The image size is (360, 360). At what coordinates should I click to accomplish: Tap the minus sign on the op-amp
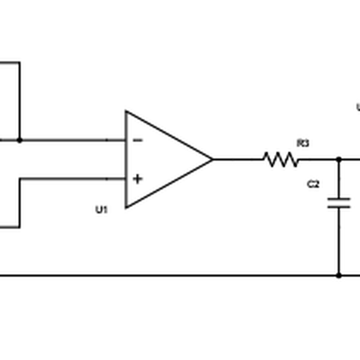pos(137,140)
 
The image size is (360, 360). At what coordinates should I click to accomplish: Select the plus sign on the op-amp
pos(137,179)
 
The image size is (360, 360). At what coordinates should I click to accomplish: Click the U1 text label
pos(101,209)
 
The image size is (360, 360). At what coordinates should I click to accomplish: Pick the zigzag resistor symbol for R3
pos(280,160)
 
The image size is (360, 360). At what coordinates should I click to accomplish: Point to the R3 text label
pos(302,143)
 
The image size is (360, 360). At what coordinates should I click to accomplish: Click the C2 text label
pos(313,185)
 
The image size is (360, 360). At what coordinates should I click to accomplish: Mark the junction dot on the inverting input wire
pos(20,140)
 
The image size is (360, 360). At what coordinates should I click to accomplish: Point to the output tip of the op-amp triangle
pos(212,160)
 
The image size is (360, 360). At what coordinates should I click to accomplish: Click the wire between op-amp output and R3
pos(238,160)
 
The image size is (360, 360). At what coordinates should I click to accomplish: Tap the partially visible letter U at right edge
pos(358,108)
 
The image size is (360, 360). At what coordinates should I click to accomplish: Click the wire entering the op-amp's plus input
pos(72,179)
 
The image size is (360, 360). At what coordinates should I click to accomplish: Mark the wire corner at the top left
pos(20,62)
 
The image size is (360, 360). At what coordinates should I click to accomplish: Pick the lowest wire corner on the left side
pos(20,227)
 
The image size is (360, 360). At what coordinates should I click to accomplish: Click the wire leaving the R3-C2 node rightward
pos(350,160)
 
